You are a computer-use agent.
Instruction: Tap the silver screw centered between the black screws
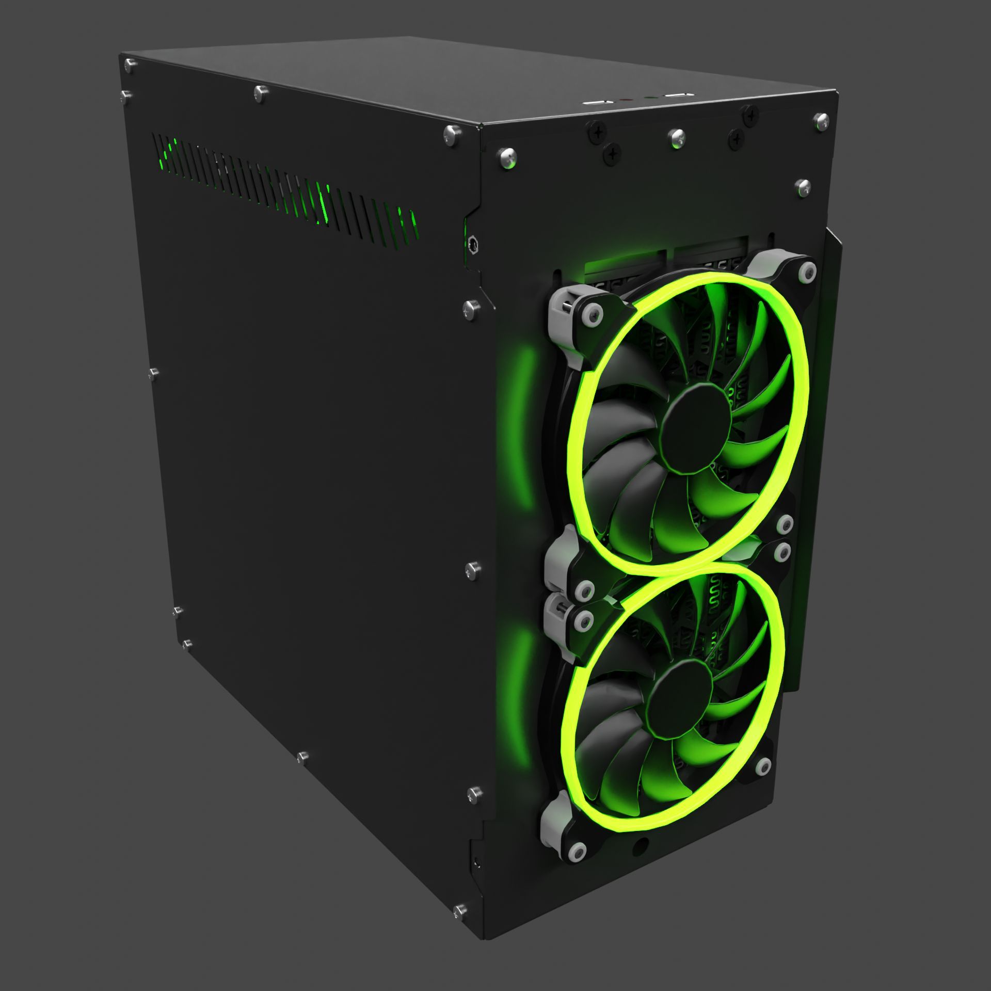pyautogui.click(x=676, y=138)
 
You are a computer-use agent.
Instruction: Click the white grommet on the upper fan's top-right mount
pyautogui.click(x=806, y=270)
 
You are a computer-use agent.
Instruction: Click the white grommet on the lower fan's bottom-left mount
pyautogui.click(x=577, y=851)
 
